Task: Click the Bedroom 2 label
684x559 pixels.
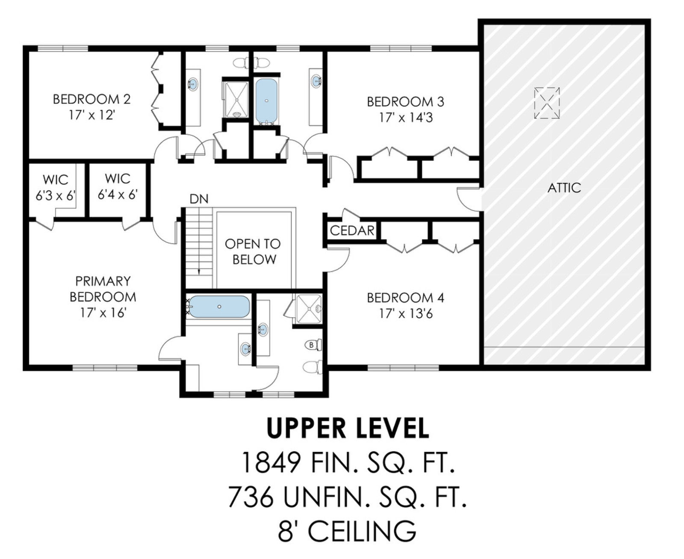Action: point(92,99)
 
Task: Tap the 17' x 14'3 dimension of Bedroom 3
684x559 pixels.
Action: point(406,118)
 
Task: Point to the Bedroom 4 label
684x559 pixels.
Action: point(405,298)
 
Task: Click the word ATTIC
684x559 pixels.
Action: point(564,188)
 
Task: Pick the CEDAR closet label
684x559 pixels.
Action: point(352,231)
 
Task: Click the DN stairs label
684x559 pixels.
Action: point(199,199)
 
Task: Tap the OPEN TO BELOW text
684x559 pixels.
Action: point(253,252)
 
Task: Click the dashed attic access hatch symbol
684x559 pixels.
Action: point(547,103)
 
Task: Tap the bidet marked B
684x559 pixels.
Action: point(313,345)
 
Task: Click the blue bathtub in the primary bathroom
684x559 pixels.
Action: point(219,307)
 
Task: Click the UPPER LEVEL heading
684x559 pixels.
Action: point(348,429)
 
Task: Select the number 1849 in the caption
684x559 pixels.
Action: point(271,463)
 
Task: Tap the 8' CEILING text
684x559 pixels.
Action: point(347,531)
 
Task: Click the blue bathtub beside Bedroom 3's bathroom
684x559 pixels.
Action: point(266,101)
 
